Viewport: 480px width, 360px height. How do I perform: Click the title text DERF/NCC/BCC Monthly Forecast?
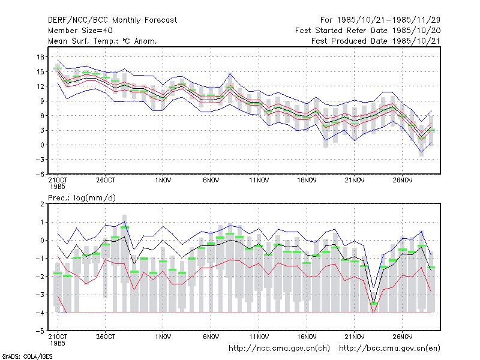click(x=112, y=20)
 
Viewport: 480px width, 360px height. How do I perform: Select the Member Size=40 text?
click(x=80, y=31)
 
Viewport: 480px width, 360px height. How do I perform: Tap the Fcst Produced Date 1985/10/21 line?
click(x=376, y=41)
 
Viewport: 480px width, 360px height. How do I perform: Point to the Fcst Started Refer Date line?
click(x=368, y=31)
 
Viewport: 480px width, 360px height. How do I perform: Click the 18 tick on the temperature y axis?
click(x=40, y=57)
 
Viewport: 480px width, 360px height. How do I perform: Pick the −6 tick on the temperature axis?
click(x=40, y=174)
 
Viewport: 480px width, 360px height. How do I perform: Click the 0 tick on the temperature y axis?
click(x=43, y=145)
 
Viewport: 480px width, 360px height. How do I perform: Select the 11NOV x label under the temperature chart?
click(x=259, y=181)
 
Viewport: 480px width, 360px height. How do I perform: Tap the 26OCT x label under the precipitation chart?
click(x=106, y=337)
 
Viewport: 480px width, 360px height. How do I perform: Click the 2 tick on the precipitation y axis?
click(x=43, y=204)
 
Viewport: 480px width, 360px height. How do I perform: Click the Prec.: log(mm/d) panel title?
click(x=82, y=198)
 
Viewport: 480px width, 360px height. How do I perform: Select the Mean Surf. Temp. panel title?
click(x=103, y=41)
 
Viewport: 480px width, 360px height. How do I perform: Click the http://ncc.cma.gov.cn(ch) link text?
click(x=279, y=349)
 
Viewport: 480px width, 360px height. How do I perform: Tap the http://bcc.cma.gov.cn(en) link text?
click(x=389, y=349)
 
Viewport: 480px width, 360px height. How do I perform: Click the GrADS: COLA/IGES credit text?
click(x=27, y=356)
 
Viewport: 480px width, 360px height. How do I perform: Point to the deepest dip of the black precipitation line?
click(x=373, y=303)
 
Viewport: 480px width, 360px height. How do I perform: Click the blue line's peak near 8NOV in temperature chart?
click(x=230, y=73)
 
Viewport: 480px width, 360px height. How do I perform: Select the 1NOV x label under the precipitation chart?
click(x=163, y=337)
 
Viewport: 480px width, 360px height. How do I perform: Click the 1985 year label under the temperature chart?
click(x=58, y=187)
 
